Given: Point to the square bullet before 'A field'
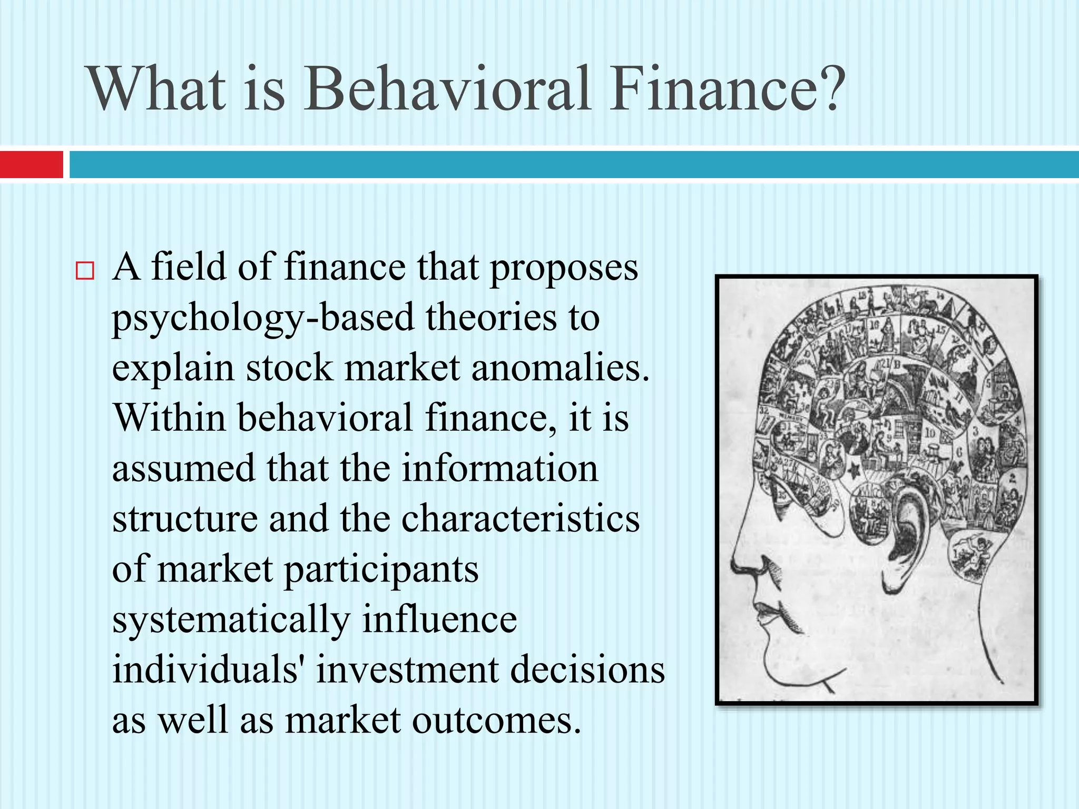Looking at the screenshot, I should point(85,271).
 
